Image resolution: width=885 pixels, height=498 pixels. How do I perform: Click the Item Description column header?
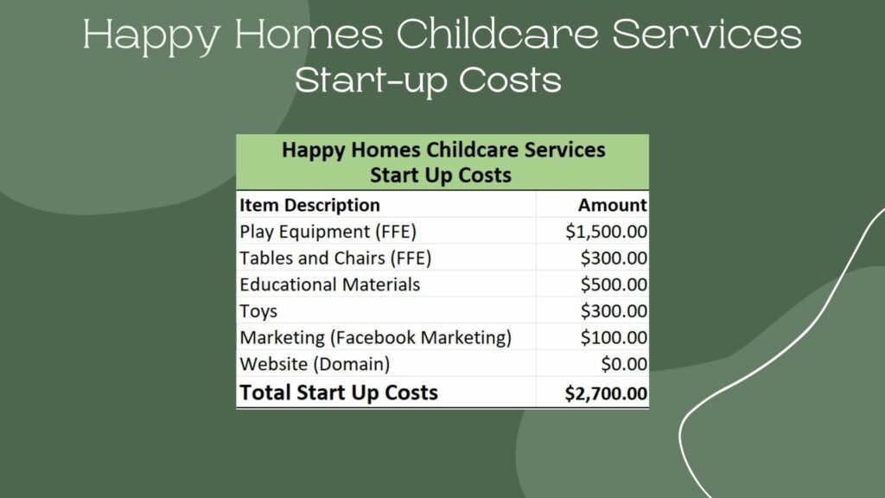[309, 205]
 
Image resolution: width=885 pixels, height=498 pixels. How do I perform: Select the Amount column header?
[613, 205]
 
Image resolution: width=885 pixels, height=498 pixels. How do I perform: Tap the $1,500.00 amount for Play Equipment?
[606, 232]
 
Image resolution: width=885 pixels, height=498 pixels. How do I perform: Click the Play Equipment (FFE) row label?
[328, 232]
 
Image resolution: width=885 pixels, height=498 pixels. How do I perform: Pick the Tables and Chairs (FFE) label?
[335, 258]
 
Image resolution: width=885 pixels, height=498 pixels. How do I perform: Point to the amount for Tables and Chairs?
[614, 258]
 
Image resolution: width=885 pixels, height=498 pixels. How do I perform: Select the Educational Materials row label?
[329, 284]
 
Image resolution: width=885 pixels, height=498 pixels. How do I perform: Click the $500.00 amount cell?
[614, 284]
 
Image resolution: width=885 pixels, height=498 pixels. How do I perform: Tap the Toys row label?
[258, 311]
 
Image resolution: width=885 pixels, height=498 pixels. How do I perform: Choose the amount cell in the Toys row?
[614, 311]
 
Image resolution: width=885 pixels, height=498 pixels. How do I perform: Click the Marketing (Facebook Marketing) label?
[375, 338]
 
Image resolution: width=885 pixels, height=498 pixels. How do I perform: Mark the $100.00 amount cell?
[614, 338]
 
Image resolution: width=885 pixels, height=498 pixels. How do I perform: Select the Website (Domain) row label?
[315, 364]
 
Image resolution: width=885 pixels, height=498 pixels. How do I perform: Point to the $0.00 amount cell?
[624, 364]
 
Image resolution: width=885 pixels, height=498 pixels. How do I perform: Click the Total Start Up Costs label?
[339, 393]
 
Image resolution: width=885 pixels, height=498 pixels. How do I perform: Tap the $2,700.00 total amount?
[606, 393]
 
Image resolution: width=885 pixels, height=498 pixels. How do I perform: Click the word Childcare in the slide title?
[497, 34]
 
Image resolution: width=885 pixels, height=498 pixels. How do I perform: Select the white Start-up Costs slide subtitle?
[428, 80]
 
